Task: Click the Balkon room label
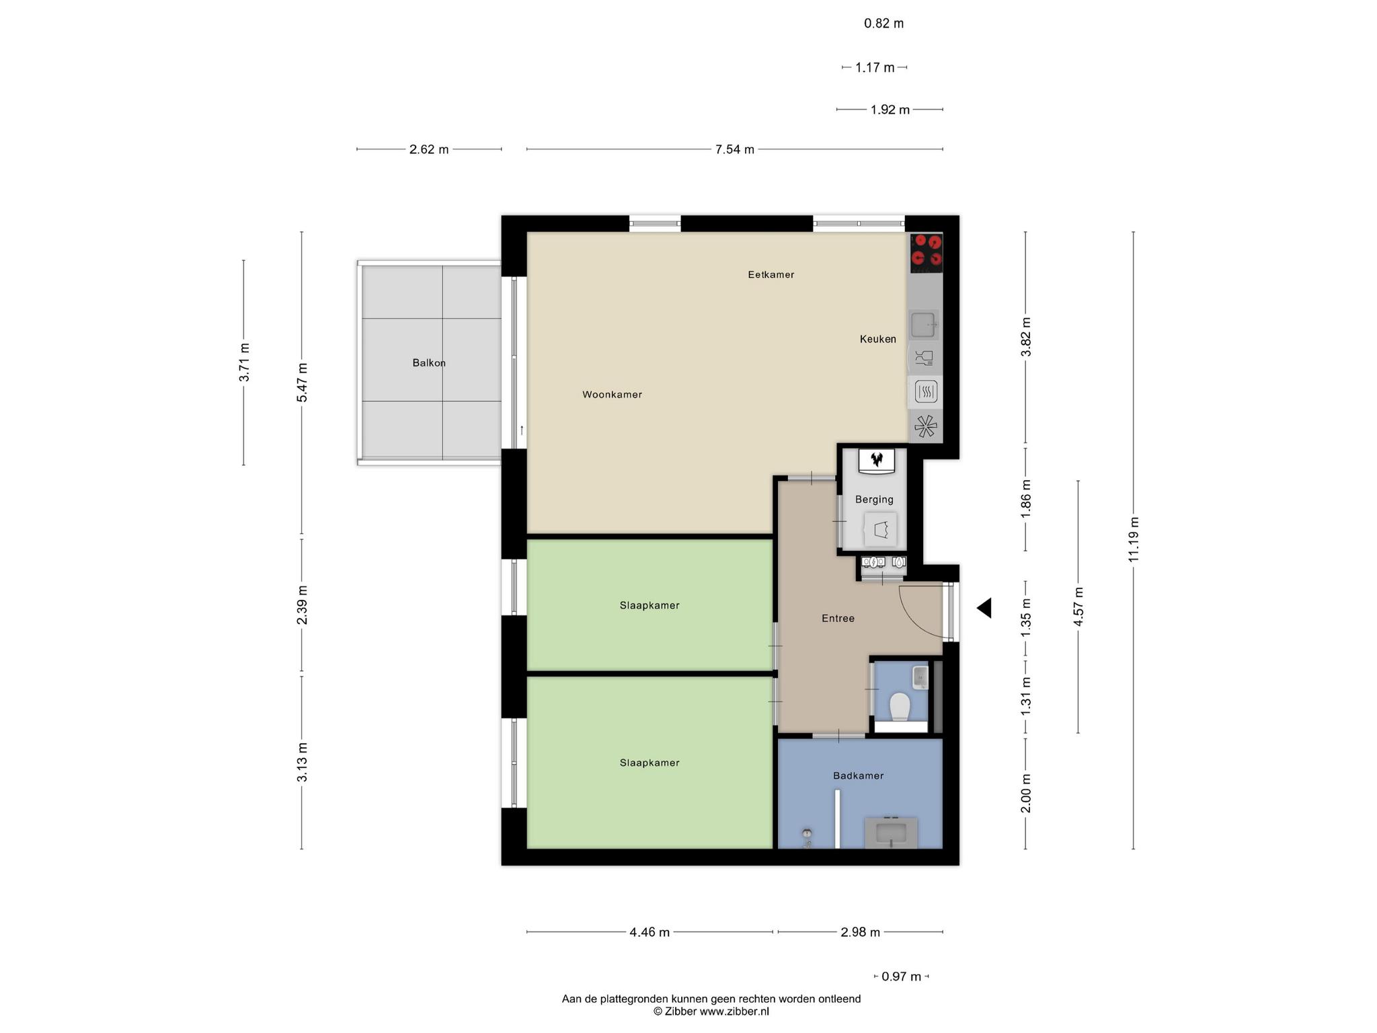click(x=429, y=363)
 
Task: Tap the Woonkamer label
click(x=612, y=395)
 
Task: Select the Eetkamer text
click(x=771, y=274)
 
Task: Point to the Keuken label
click(x=878, y=339)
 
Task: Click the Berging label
click(x=874, y=500)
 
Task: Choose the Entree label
click(x=838, y=619)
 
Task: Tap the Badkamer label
click(x=858, y=776)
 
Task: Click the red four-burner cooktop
click(x=927, y=253)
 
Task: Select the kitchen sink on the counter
click(x=924, y=326)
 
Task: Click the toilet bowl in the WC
click(x=900, y=707)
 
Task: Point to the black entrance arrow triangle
click(x=984, y=608)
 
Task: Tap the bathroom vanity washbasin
click(x=891, y=833)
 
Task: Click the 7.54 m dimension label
click(x=735, y=149)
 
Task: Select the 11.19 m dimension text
click(x=1134, y=539)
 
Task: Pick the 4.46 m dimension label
click(x=650, y=932)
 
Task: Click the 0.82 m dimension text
click(x=884, y=24)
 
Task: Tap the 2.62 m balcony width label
click(x=429, y=149)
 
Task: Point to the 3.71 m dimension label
click(x=245, y=362)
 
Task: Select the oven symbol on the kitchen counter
click(x=926, y=391)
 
